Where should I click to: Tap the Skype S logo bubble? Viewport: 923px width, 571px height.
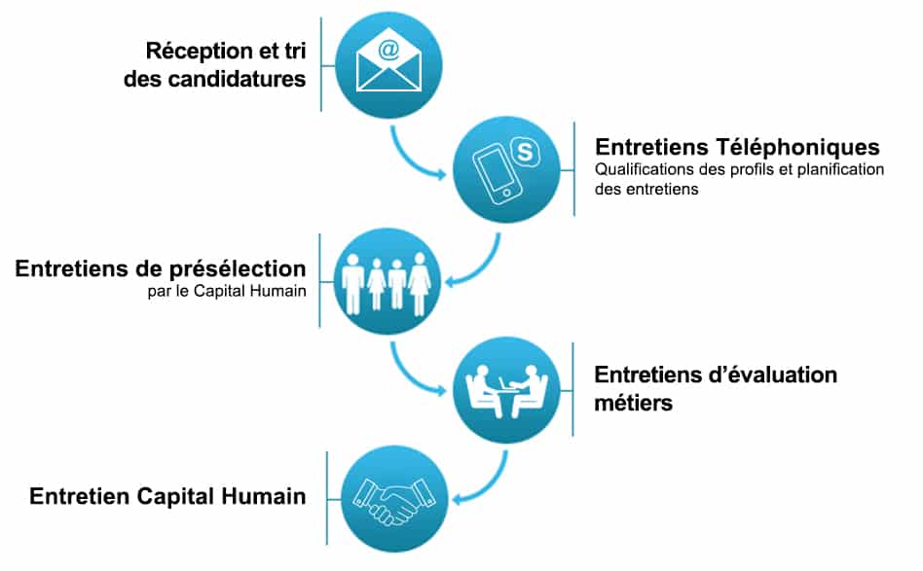coord(525,153)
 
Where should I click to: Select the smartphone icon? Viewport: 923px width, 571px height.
coord(498,174)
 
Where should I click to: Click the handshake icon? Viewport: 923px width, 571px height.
coord(393,500)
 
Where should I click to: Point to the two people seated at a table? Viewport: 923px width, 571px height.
coord(506,391)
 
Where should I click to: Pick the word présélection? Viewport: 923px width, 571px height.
coord(238,268)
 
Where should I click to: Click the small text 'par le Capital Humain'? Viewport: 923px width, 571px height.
coord(227,291)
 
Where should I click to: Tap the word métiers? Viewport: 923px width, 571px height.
coord(634,403)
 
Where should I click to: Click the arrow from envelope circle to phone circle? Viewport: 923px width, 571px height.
coord(412,159)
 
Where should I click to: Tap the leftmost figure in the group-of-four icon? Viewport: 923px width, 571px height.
coord(352,283)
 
